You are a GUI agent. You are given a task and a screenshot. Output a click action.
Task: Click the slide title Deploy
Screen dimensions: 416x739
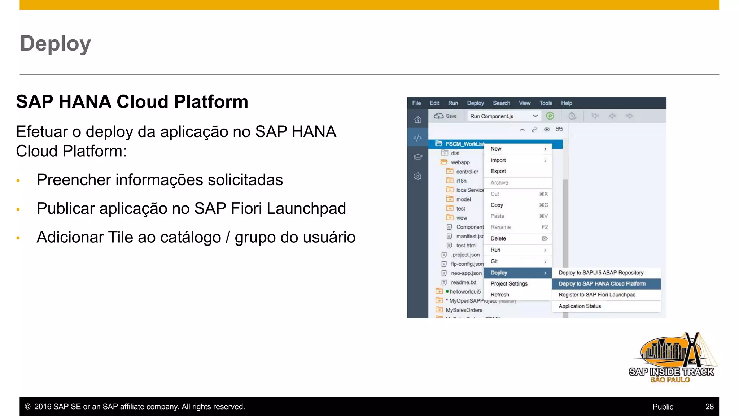(x=55, y=44)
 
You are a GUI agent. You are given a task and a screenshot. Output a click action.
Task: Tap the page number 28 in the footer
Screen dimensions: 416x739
(x=709, y=407)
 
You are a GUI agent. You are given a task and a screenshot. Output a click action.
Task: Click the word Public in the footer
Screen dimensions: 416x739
(x=663, y=407)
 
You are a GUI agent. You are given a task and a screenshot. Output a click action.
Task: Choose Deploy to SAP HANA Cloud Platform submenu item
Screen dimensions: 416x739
(x=602, y=284)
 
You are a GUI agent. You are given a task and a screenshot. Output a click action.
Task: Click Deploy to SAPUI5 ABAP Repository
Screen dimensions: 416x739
(x=601, y=273)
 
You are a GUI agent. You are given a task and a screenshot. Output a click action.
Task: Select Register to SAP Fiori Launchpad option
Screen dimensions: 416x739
(x=597, y=295)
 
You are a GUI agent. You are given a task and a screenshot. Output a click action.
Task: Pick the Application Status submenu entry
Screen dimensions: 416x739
(x=580, y=306)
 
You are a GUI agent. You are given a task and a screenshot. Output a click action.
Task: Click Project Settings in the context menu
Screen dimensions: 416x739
(x=509, y=284)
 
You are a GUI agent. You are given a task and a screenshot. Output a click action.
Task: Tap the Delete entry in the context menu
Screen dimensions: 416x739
(x=498, y=238)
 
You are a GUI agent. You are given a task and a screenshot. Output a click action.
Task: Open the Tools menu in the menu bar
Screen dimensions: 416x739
(x=546, y=103)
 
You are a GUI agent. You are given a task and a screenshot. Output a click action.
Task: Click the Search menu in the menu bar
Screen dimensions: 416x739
(x=501, y=103)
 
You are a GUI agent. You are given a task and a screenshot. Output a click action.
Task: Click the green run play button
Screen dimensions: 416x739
(x=550, y=116)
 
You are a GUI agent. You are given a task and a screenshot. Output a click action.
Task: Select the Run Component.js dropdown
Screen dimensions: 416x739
(x=503, y=116)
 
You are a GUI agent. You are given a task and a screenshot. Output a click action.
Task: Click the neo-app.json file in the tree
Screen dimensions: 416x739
(x=466, y=273)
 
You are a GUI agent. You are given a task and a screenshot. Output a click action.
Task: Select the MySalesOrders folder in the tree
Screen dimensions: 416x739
(x=464, y=310)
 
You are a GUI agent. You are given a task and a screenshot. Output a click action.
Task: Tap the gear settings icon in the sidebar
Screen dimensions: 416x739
(x=417, y=177)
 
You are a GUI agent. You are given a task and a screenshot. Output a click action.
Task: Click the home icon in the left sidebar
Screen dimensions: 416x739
(x=417, y=120)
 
